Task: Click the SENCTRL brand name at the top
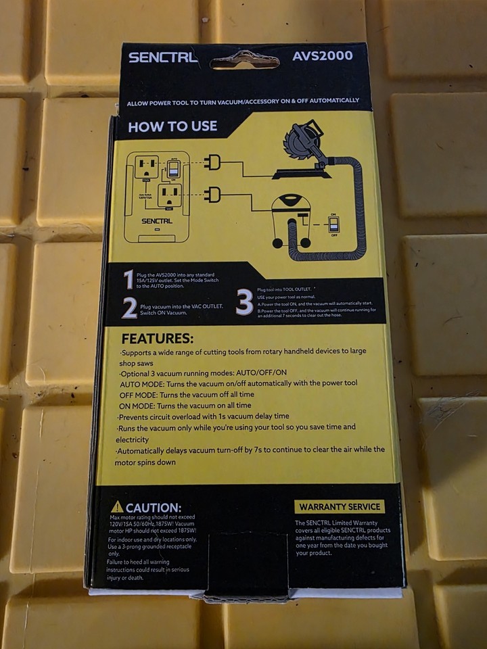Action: tap(163, 57)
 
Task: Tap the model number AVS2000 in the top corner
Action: tap(324, 55)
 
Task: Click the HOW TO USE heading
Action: tap(172, 126)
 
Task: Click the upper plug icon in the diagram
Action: tap(213, 162)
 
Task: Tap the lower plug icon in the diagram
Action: tap(213, 195)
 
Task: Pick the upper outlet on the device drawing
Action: tap(145, 166)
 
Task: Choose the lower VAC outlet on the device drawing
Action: tap(169, 196)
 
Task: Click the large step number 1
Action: tap(129, 280)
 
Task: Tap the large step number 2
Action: tap(129, 308)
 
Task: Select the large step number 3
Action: tap(244, 302)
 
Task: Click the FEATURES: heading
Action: tap(157, 338)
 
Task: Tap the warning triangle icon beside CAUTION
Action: tap(117, 506)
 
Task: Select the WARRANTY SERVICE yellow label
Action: tap(340, 506)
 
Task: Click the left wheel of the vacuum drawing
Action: tap(276, 243)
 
